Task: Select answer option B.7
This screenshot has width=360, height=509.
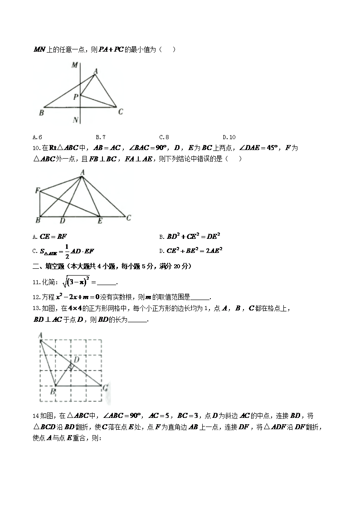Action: [101, 137]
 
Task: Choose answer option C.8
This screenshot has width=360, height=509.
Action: [164, 137]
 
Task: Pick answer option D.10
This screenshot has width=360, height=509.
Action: [229, 137]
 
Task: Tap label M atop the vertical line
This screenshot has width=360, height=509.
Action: [74, 65]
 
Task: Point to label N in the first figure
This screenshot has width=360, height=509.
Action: [75, 120]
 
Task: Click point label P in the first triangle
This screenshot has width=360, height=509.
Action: [76, 97]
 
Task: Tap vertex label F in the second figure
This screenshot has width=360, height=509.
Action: [37, 191]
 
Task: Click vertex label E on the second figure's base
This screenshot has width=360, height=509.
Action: [100, 221]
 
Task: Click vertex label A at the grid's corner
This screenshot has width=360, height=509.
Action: [40, 335]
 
